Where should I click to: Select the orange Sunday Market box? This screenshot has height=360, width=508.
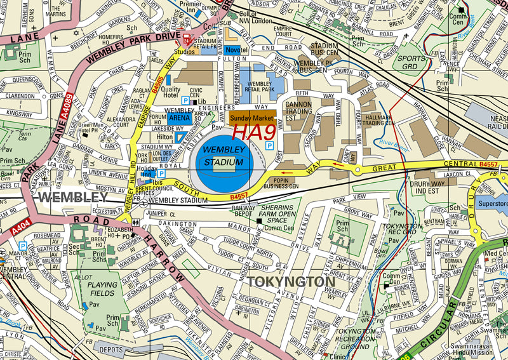click(x=252, y=117)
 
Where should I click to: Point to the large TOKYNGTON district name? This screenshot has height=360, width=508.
click(x=291, y=281)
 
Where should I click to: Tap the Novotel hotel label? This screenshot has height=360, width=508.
click(x=237, y=50)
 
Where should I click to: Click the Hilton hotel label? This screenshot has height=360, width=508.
click(x=164, y=137)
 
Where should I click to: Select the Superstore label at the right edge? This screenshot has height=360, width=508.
click(x=492, y=204)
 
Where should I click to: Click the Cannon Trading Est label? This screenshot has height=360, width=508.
click(x=298, y=109)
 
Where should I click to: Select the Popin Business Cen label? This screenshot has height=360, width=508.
click(x=294, y=184)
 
